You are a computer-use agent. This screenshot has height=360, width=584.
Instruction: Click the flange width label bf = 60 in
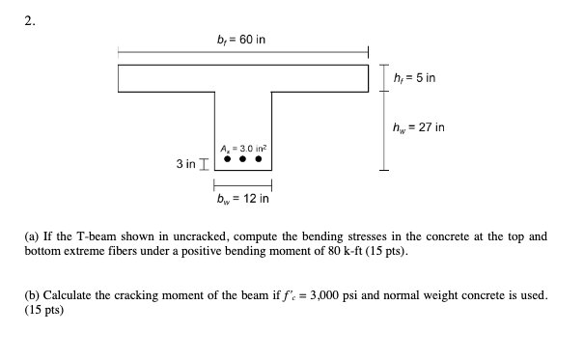(x=241, y=38)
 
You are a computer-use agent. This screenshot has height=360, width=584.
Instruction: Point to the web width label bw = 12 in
(x=242, y=199)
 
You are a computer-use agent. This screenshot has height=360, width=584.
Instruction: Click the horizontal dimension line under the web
(x=242, y=185)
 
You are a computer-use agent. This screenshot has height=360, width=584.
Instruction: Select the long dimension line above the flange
(x=242, y=52)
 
